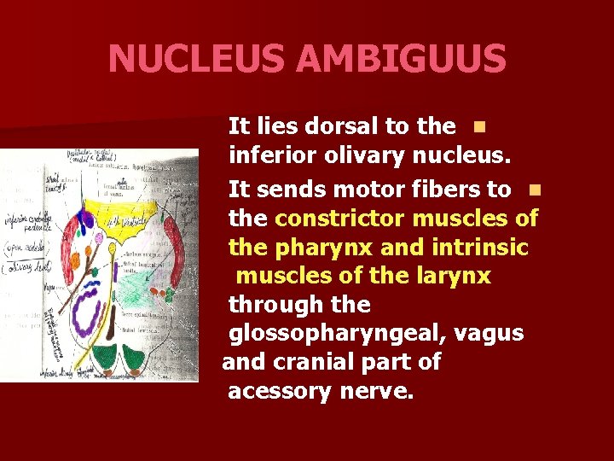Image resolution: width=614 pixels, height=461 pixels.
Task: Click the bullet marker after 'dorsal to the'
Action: click(x=478, y=127)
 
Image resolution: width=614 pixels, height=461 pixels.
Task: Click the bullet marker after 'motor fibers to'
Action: click(x=533, y=190)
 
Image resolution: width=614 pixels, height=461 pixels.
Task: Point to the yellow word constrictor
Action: click(x=341, y=218)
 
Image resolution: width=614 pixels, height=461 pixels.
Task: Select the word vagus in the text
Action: click(x=487, y=333)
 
